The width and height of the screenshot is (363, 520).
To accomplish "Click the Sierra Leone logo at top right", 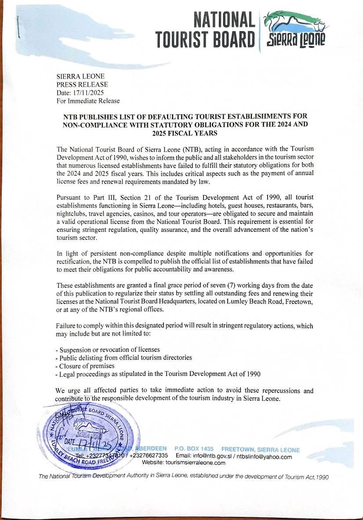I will (294, 29).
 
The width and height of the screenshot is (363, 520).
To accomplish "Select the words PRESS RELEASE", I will (82, 84).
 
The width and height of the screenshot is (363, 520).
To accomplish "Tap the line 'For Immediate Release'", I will (88, 101).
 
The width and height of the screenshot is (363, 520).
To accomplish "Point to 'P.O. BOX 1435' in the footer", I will (194, 449).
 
